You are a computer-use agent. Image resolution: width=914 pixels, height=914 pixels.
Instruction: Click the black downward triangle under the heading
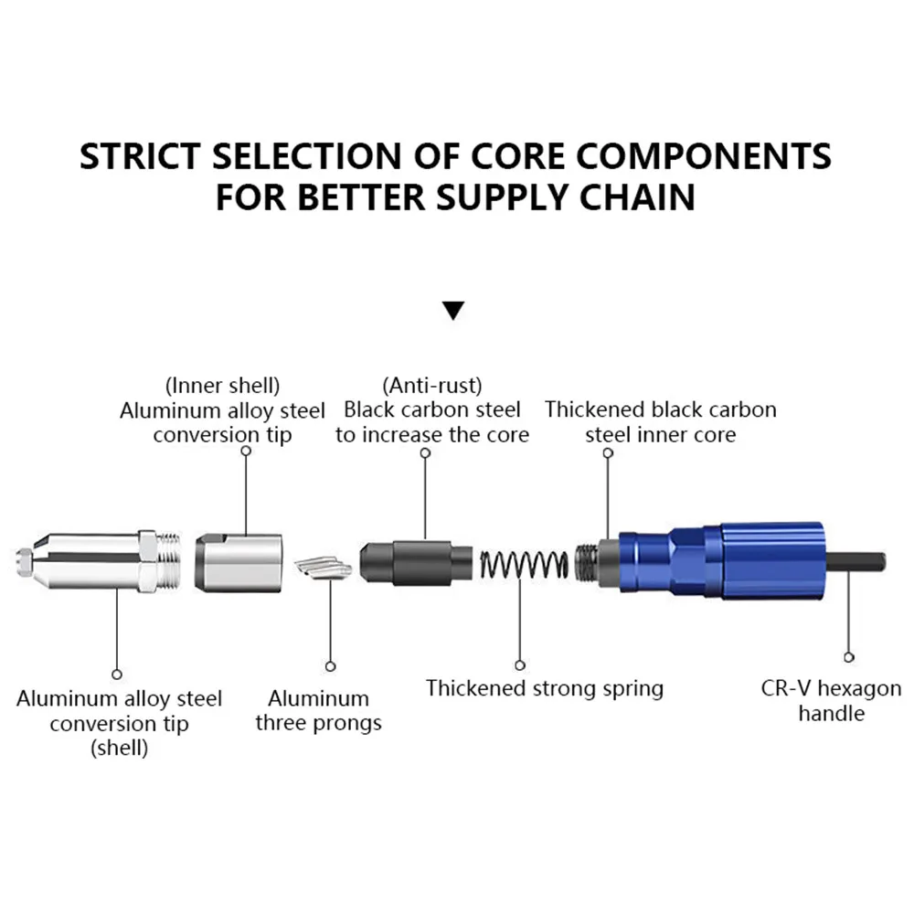[453, 310]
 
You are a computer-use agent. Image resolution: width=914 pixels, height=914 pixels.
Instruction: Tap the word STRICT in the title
[139, 156]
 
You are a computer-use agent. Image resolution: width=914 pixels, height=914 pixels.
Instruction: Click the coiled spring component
[524, 564]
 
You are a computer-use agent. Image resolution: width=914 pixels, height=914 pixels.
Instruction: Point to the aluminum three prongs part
[324, 569]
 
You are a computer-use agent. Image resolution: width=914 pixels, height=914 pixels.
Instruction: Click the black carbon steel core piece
[416, 562]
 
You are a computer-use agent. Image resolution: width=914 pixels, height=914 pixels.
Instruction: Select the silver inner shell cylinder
[239, 562]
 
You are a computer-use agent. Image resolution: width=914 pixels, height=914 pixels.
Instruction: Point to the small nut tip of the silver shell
[24, 562]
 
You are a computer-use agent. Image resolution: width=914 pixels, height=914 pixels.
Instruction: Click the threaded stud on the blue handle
[587, 562]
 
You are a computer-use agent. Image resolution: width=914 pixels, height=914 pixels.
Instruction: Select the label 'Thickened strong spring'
[545, 688]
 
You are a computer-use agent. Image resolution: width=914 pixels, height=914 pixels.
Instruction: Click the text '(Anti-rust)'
[432, 386]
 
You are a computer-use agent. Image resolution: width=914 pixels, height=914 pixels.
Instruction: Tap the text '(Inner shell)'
[223, 386]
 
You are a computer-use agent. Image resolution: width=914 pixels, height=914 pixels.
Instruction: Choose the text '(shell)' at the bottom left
[119, 748]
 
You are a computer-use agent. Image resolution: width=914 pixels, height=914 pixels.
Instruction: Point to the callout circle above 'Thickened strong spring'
[520, 665]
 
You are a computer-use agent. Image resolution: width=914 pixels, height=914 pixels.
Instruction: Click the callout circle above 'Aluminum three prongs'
[331, 666]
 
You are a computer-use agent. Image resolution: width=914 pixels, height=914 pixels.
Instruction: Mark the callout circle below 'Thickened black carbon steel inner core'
[608, 453]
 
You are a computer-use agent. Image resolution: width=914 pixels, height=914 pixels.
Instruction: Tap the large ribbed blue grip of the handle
[772, 561]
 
